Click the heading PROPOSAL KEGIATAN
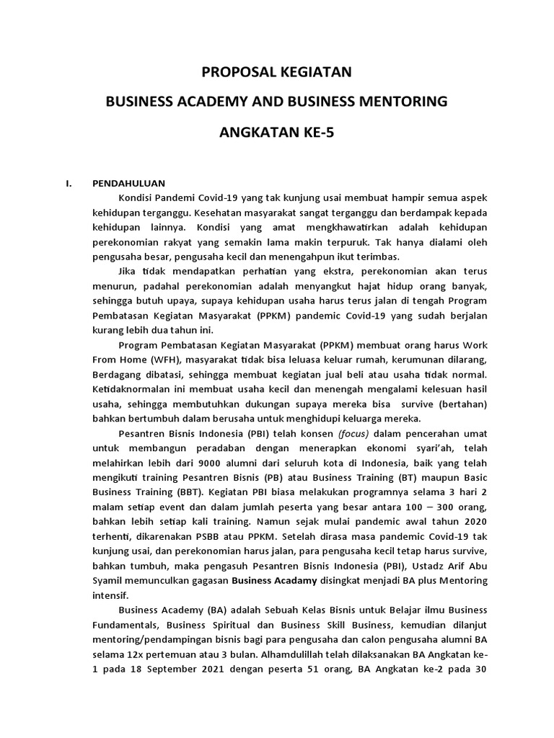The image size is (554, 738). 276,72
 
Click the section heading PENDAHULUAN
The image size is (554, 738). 128,183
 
